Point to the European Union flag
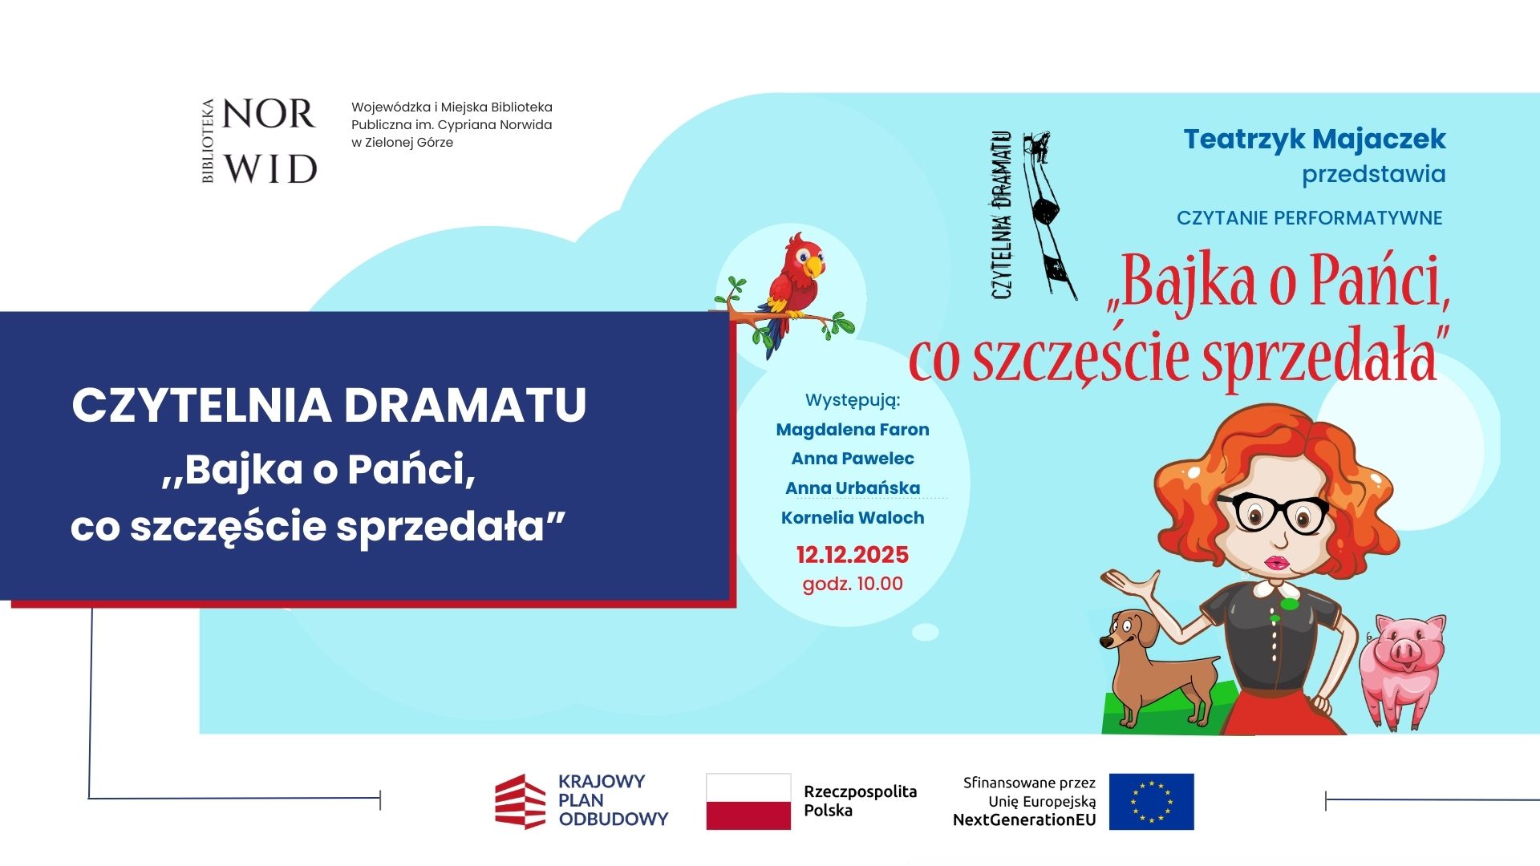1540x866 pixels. pyautogui.click(x=1151, y=801)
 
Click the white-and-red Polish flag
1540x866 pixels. pyautogui.click(x=748, y=801)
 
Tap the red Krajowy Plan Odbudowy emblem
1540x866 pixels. pyautogui.click(x=521, y=801)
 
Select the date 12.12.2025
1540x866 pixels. pyautogui.click(x=853, y=555)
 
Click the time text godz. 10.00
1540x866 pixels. pyautogui.click(x=853, y=584)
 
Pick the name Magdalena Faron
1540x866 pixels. pyautogui.click(x=853, y=430)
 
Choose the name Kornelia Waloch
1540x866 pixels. pyautogui.click(x=853, y=518)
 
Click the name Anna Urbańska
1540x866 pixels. pyautogui.click(x=853, y=488)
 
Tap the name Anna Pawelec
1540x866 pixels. pyautogui.click(x=853, y=459)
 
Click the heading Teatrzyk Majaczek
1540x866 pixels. pyautogui.click(x=1315, y=140)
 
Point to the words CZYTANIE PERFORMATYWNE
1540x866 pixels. pyautogui.click(x=1310, y=218)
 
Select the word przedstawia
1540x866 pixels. pyautogui.click(x=1374, y=175)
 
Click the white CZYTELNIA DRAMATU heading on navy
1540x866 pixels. pyautogui.click(x=330, y=405)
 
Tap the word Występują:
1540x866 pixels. pyautogui.click(x=853, y=401)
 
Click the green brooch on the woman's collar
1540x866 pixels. pyautogui.click(x=1288, y=604)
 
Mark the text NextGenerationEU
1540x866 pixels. pyautogui.click(x=1024, y=820)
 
